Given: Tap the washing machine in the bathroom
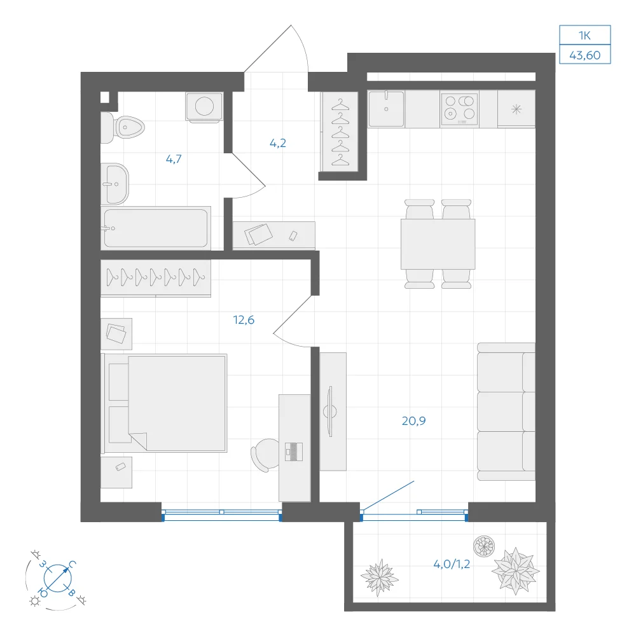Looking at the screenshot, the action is pos(204,107).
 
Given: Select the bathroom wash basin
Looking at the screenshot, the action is pos(114,184).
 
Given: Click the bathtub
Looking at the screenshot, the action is pos(156,228).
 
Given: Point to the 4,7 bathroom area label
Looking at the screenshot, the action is pos(174,159).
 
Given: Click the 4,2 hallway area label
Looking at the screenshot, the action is pos(278,143).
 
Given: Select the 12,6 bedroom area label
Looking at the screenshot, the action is pos(244,320).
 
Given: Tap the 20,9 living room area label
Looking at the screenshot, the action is pos(414,421).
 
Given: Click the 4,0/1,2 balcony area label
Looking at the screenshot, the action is pos(452,564).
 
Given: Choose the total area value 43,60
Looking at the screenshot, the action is pos(585,55).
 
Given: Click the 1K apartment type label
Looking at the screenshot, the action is pos(585,36).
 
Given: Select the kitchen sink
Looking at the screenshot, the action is pos(386,109).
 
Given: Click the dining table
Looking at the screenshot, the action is pos(438,244).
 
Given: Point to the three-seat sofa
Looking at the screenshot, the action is pos(506,411).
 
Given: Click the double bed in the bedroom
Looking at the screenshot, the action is pos(164,403).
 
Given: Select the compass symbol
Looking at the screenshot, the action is pos(58,578).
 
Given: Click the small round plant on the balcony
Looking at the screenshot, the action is pos(484,546).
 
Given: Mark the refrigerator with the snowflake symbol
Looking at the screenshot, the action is pos(516,109).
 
